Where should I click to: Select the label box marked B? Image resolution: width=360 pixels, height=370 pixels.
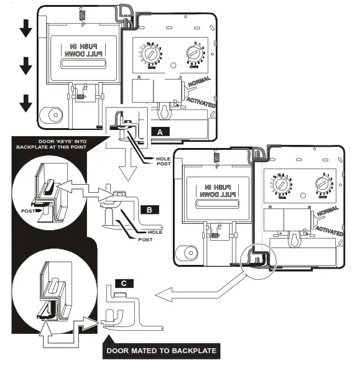(x=149, y=210)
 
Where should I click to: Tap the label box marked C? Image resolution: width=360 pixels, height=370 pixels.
(x=124, y=283)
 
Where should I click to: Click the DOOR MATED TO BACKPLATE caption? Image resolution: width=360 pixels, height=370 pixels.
(x=160, y=351)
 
